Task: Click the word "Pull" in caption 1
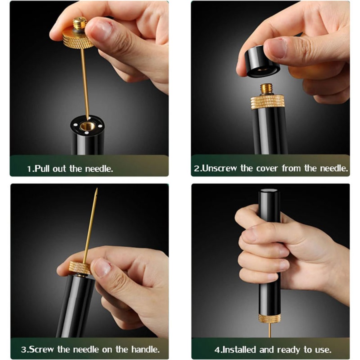pyautogui.click(x=43, y=168)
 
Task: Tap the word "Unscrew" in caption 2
pyautogui.click(x=220, y=168)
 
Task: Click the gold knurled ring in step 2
pyautogui.click(x=267, y=102)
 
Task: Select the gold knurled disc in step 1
pyautogui.click(x=76, y=40)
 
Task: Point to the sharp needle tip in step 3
pyautogui.click(x=96, y=191)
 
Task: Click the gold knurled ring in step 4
pyautogui.click(x=269, y=318)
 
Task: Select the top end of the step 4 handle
pyautogui.click(x=269, y=192)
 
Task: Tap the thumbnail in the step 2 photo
pyautogui.click(x=277, y=48)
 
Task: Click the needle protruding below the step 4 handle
pyautogui.click(x=269, y=330)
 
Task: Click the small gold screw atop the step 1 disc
pyautogui.click(x=79, y=23)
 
